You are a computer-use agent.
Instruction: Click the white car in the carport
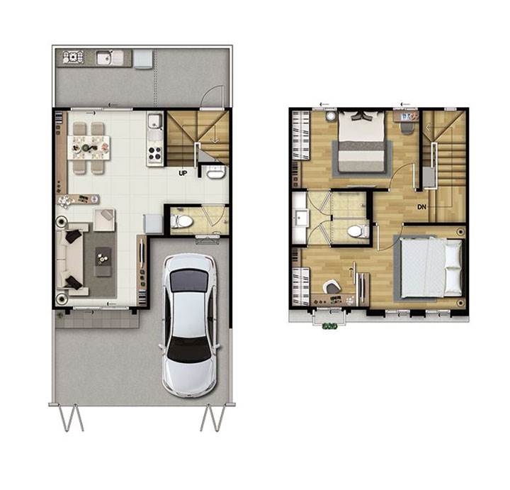click(x=189, y=325)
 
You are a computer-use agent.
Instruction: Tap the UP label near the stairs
click(x=183, y=173)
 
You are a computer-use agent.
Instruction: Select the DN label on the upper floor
click(x=421, y=206)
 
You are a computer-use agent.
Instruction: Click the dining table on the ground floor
click(x=89, y=147)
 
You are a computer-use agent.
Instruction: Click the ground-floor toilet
click(x=182, y=222)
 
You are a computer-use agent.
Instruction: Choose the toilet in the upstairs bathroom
click(x=358, y=231)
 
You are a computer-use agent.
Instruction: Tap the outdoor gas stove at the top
click(x=73, y=57)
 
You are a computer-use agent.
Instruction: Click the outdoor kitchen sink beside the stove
click(x=106, y=58)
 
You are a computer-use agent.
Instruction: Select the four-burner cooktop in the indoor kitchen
click(x=155, y=154)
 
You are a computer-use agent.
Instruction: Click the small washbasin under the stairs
click(x=216, y=172)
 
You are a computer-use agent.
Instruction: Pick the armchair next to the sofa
click(x=104, y=220)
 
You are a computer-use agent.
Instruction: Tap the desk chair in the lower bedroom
click(x=331, y=287)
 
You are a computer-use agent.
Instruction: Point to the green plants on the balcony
click(x=329, y=325)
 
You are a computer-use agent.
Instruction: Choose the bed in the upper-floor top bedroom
click(x=361, y=142)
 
